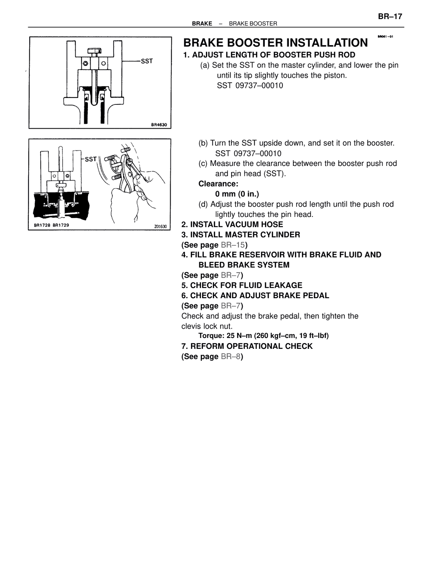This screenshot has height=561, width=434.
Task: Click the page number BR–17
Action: [390, 17]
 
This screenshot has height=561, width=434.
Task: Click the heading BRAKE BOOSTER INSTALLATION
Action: [276, 43]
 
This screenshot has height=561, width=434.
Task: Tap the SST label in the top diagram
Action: [146, 61]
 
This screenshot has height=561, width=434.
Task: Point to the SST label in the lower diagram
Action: [91, 159]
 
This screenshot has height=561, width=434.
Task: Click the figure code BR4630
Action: [159, 125]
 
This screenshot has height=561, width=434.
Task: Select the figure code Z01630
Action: [160, 226]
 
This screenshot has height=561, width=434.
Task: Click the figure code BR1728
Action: [42, 225]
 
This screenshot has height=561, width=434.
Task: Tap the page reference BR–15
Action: [233, 245]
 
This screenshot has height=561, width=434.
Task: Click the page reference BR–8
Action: [230, 356]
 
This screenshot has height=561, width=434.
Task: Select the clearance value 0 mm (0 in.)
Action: [237, 194]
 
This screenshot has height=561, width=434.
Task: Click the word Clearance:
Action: [218, 184]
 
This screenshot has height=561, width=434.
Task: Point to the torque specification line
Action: [263, 335]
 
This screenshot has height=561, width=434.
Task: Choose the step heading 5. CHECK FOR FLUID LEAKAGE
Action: [242, 285]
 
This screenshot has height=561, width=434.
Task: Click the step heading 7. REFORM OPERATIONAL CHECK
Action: [247, 346]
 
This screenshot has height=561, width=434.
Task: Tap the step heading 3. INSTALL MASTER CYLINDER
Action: [241, 235]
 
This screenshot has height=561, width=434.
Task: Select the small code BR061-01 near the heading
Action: [385, 37]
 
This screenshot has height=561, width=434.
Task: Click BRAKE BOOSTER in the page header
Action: [253, 24]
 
